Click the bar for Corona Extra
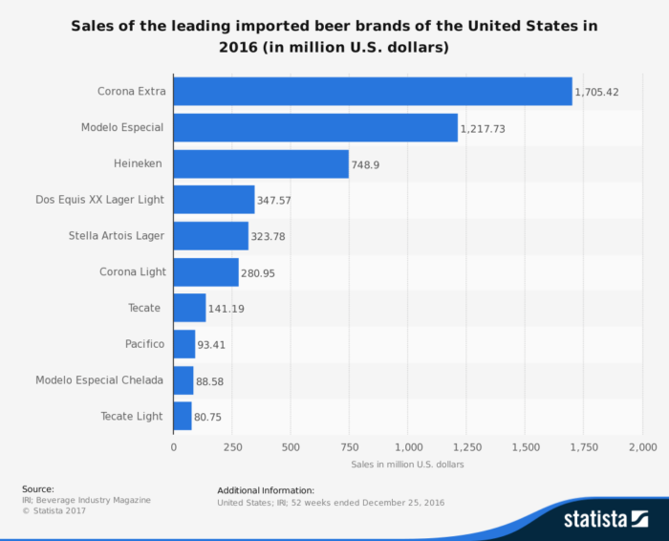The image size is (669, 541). pyautogui.click(x=373, y=92)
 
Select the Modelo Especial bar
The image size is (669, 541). pyautogui.click(x=315, y=127)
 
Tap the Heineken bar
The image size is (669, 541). pyautogui.click(x=261, y=163)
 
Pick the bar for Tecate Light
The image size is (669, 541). pyautogui.click(x=183, y=416)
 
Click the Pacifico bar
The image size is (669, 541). pyautogui.click(x=184, y=343)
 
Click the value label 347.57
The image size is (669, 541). pyautogui.click(x=280, y=200)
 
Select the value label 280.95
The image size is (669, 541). pyautogui.click(x=263, y=272)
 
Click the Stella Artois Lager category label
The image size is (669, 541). pyautogui.click(x=117, y=235)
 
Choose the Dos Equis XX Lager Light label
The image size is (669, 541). pyautogui.click(x=99, y=199)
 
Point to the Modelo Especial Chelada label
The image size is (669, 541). pyautogui.click(x=99, y=379)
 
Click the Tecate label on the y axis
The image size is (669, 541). pyautogui.click(x=145, y=308)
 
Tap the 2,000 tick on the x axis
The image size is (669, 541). pyautogui.click(x=641, y=446)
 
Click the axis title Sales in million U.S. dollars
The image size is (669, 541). pyautogui.click(x=407, y=465)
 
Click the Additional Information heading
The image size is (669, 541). pyautogui.click(x=266, y=489)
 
